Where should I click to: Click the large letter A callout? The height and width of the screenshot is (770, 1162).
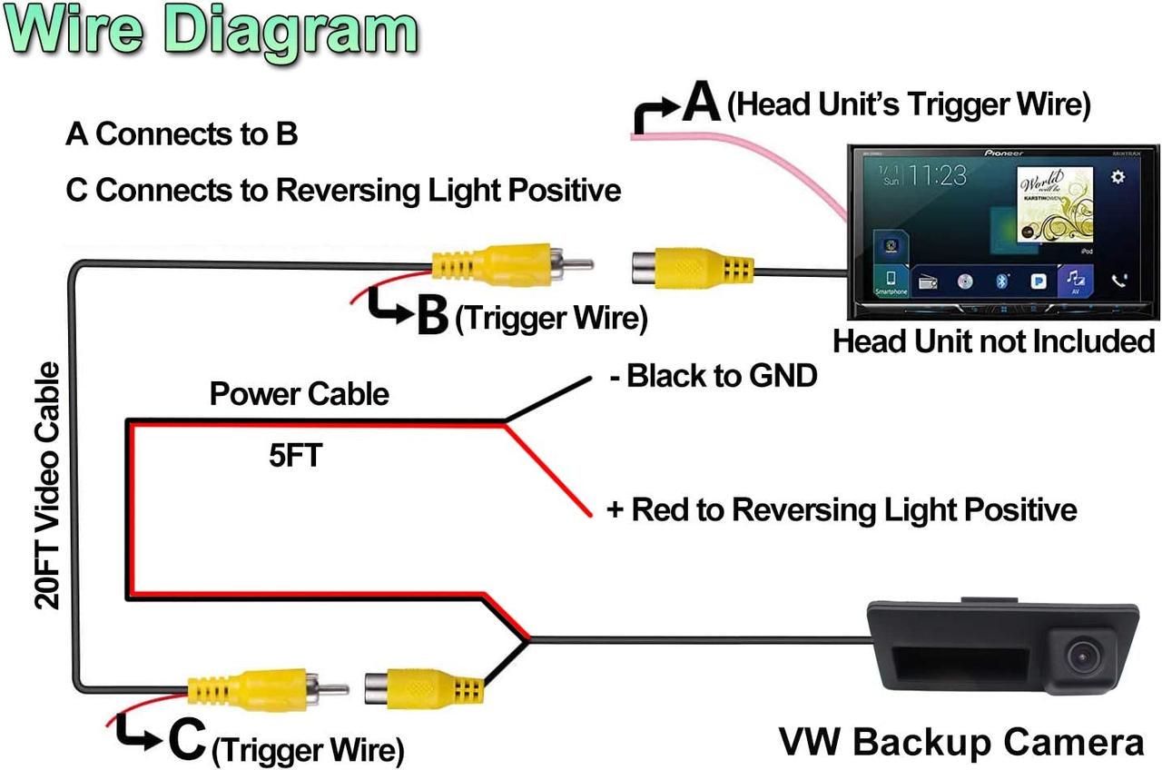pos(701,103)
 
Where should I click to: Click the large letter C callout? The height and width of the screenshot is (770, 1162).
pos(187,740)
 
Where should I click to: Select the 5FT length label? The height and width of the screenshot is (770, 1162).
pos(295,455)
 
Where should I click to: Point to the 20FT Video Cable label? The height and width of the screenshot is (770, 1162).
pos(47,485)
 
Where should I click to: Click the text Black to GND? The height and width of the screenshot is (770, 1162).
pos(713,375)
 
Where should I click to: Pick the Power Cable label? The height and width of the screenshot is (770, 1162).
pos(299,394)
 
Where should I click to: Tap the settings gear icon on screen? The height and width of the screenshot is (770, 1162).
pos(1118,177)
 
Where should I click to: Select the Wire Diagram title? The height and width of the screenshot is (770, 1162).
pos(211,31)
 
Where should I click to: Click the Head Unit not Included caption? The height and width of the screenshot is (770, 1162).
pos(993,341)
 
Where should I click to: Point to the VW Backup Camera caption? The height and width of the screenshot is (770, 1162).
pos(961,742)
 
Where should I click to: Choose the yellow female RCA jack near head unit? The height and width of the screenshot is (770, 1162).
pos(689,268)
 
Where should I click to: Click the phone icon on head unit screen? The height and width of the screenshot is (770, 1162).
pos(1118,281)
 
